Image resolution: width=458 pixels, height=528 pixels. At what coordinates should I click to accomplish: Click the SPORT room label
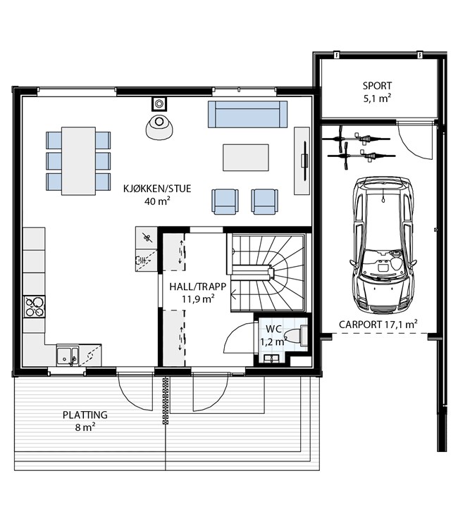tap(377, 86)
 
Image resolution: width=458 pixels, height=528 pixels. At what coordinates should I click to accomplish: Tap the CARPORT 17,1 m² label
tap(378, 325)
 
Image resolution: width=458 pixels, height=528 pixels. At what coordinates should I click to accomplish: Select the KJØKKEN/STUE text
tap(157, 188)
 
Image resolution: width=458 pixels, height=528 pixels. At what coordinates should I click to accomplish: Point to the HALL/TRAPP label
tap(197, 287)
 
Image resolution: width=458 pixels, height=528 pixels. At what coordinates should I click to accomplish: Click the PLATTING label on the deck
tap(85, 415)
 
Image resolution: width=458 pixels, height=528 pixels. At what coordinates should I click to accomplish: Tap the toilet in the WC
tap(297, 336)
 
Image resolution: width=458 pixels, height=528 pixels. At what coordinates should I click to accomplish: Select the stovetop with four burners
tap(35, 307)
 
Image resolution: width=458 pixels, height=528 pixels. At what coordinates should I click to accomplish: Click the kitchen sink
tap(68, 356)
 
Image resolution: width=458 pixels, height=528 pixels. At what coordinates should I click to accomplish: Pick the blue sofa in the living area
tap(248, 114)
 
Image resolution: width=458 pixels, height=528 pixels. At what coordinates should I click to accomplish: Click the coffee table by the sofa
tap(246, 158)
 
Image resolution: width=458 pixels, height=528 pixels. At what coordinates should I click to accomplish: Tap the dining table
tap(78, 161)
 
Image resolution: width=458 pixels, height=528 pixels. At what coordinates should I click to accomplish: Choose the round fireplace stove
tap(159, 127)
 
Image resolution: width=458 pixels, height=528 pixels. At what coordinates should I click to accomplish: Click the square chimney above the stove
tap(159, 103)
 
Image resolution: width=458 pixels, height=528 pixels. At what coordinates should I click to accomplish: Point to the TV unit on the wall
tap(302, 161)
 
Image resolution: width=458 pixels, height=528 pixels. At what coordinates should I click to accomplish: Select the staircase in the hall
tap(268, 272)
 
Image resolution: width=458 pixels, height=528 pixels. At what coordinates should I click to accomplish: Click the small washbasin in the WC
tap(272, 359)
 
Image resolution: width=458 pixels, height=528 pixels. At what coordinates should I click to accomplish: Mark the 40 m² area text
tap(157, 201)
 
